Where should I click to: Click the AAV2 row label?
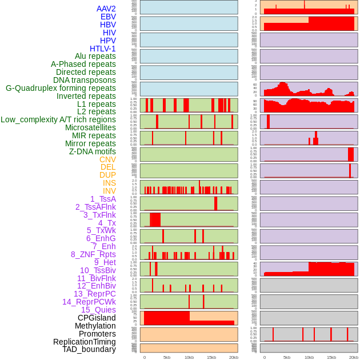click(x=106, y=9)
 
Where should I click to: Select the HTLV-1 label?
click(x=103, y=49)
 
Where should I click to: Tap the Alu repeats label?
click(x=95, y=56)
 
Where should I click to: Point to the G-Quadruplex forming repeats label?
click(x=61, y=88)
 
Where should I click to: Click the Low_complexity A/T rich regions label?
click(x=58, y=119)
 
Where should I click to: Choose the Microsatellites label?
click(x=90, y=127)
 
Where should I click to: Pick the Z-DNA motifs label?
click(x=92, y=151)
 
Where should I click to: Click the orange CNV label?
click(x=107, y=159)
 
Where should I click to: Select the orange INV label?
click(x=109, y=191)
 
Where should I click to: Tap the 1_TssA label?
click(x=103, y=199)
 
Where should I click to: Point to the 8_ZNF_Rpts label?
click(x=93, y=254)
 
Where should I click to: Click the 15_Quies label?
click(x=98, y=310)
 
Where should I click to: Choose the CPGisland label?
click(x=97, y=318)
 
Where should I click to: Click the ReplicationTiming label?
click(x=85, y=342)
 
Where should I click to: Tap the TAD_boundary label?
click(x=89, y=349)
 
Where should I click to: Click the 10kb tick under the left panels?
click(x=189, y=357)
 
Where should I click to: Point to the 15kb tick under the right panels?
click(x=331, y=357)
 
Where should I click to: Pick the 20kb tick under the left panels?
click(x=234, y=357)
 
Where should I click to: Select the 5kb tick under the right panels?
click(x=287, y=357)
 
